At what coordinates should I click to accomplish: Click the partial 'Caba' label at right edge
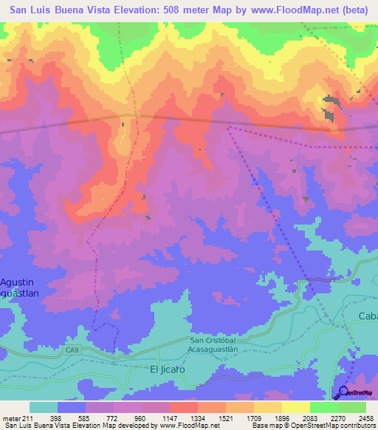367,316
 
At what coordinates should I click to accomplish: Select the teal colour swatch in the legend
44,408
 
